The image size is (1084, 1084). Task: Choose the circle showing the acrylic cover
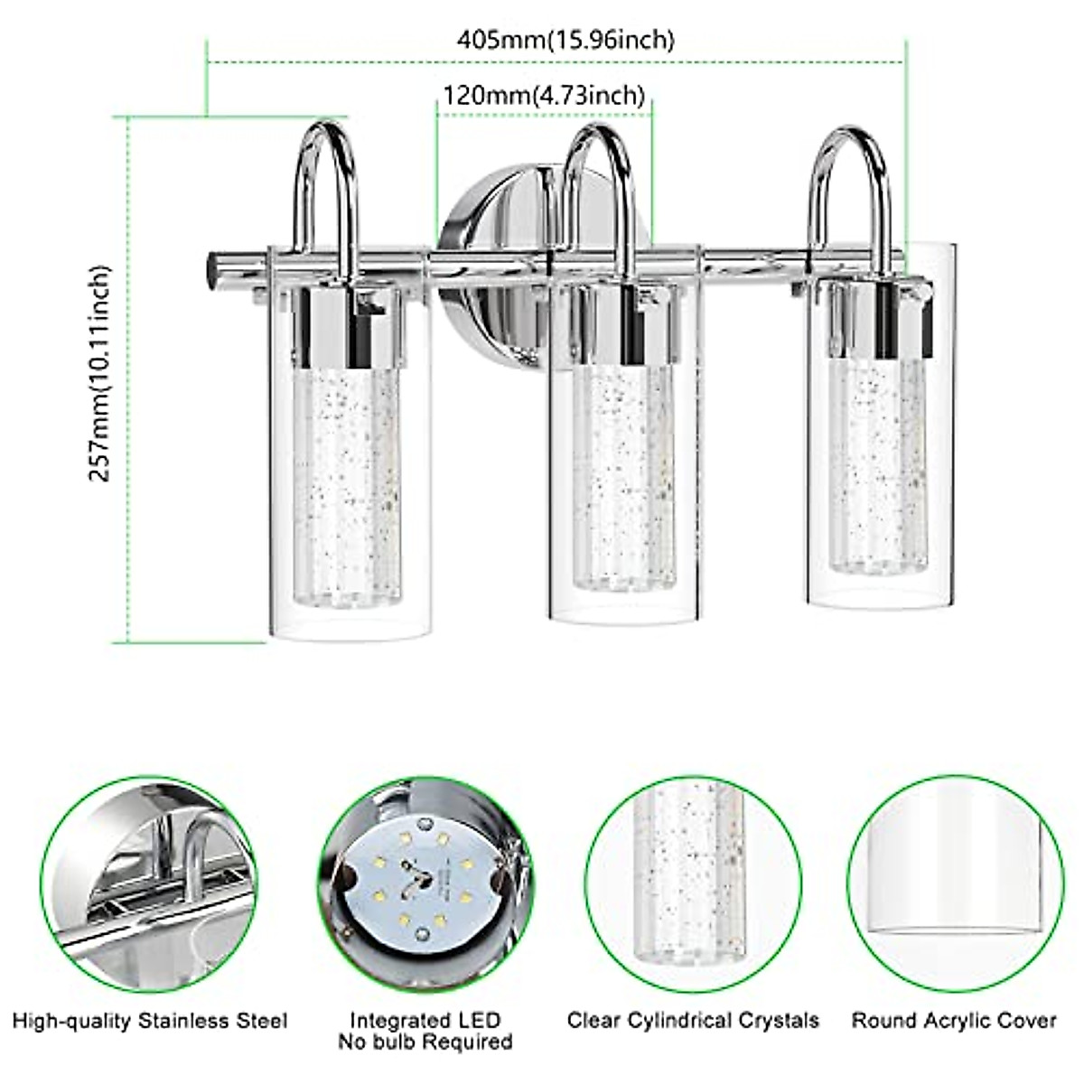click(x=954, y=882)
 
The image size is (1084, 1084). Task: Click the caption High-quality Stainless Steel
click(x=150, y=1022)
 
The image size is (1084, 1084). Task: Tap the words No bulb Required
click(x=425, y=1042)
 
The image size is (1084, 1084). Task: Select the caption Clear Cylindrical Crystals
click(x=694, y=1022)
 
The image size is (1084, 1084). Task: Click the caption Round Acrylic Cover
click(x=954, y=1022)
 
